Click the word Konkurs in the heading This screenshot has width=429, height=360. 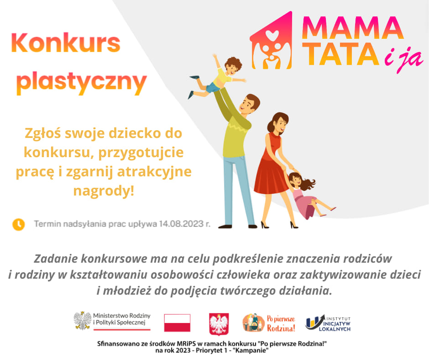[66, 43]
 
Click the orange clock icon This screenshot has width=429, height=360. [19, 224]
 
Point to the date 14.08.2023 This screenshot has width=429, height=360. [181, 224]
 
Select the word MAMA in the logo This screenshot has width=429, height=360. [353, 28]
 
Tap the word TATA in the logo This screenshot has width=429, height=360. [340, 54]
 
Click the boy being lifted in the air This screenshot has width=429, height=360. [218, 76]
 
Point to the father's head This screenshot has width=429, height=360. [250, 104]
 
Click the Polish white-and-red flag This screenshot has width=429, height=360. [177, 323]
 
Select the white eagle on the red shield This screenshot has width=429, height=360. [219, 324]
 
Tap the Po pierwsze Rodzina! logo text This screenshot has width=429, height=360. [281, 323]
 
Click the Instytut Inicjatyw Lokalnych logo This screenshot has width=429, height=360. [328, 323]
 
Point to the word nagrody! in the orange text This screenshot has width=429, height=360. [104, 191]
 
